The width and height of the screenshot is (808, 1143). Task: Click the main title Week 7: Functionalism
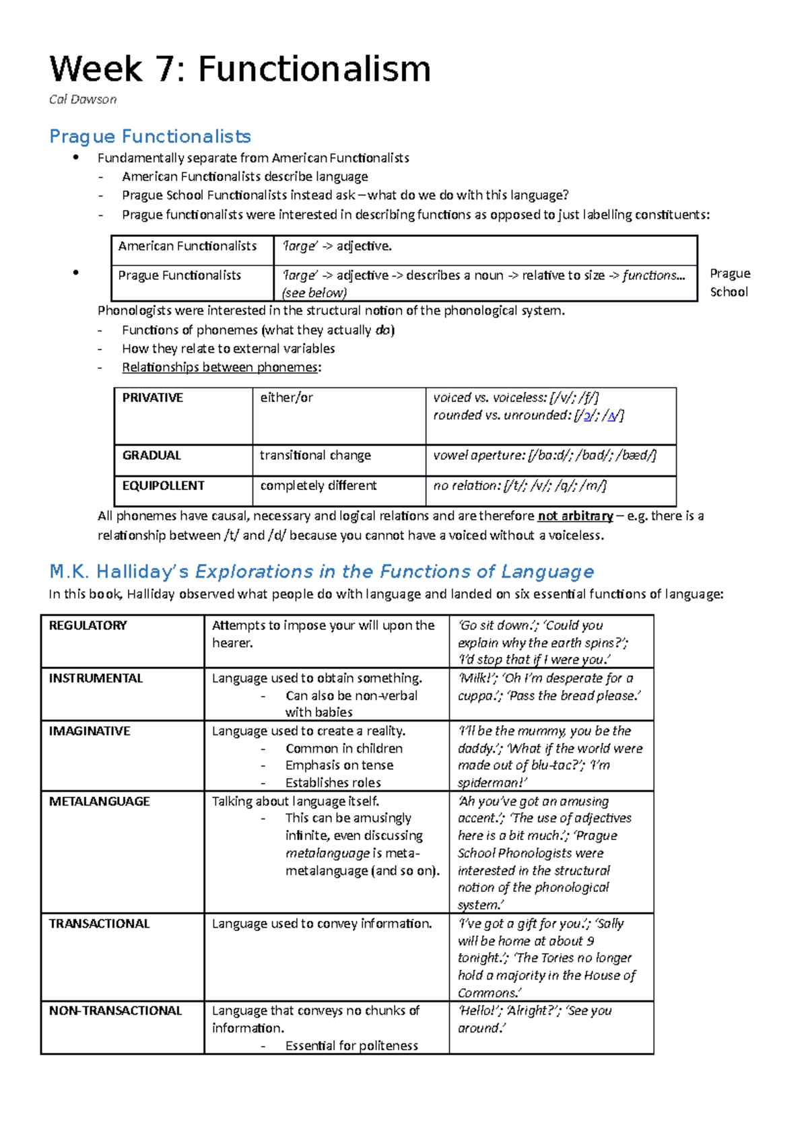pos(240,69)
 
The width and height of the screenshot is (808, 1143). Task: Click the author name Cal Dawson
pos(83,100)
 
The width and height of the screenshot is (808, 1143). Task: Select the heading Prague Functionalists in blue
pos(149,137)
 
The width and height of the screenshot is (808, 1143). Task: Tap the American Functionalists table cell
pos(187,246)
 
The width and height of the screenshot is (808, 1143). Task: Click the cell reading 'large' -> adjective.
pos(337,246)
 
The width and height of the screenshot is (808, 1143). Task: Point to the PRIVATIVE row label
pos(152,398)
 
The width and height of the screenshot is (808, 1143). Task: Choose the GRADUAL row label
pos(151,456)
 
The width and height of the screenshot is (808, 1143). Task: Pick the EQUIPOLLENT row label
pos(163,486)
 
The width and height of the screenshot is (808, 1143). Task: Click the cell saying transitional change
pos(315,456)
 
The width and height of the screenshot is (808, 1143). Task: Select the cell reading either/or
pos(287,398)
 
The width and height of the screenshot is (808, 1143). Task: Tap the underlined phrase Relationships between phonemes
pos(220,368)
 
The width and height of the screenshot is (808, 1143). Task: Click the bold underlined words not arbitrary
pos(575,516)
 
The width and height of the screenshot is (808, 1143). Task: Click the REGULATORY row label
pos(88,625)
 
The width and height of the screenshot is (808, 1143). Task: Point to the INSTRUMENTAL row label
pos(96,679)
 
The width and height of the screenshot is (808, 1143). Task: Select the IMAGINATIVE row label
pos(89,731)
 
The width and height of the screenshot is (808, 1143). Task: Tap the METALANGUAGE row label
pos(99,802)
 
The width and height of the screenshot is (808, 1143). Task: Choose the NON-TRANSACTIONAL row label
pos(115,1011)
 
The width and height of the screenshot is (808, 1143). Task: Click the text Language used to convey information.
pos(322,924)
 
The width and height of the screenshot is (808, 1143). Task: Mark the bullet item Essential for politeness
pos(351,1046)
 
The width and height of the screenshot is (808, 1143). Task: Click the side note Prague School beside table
pos(730,283)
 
